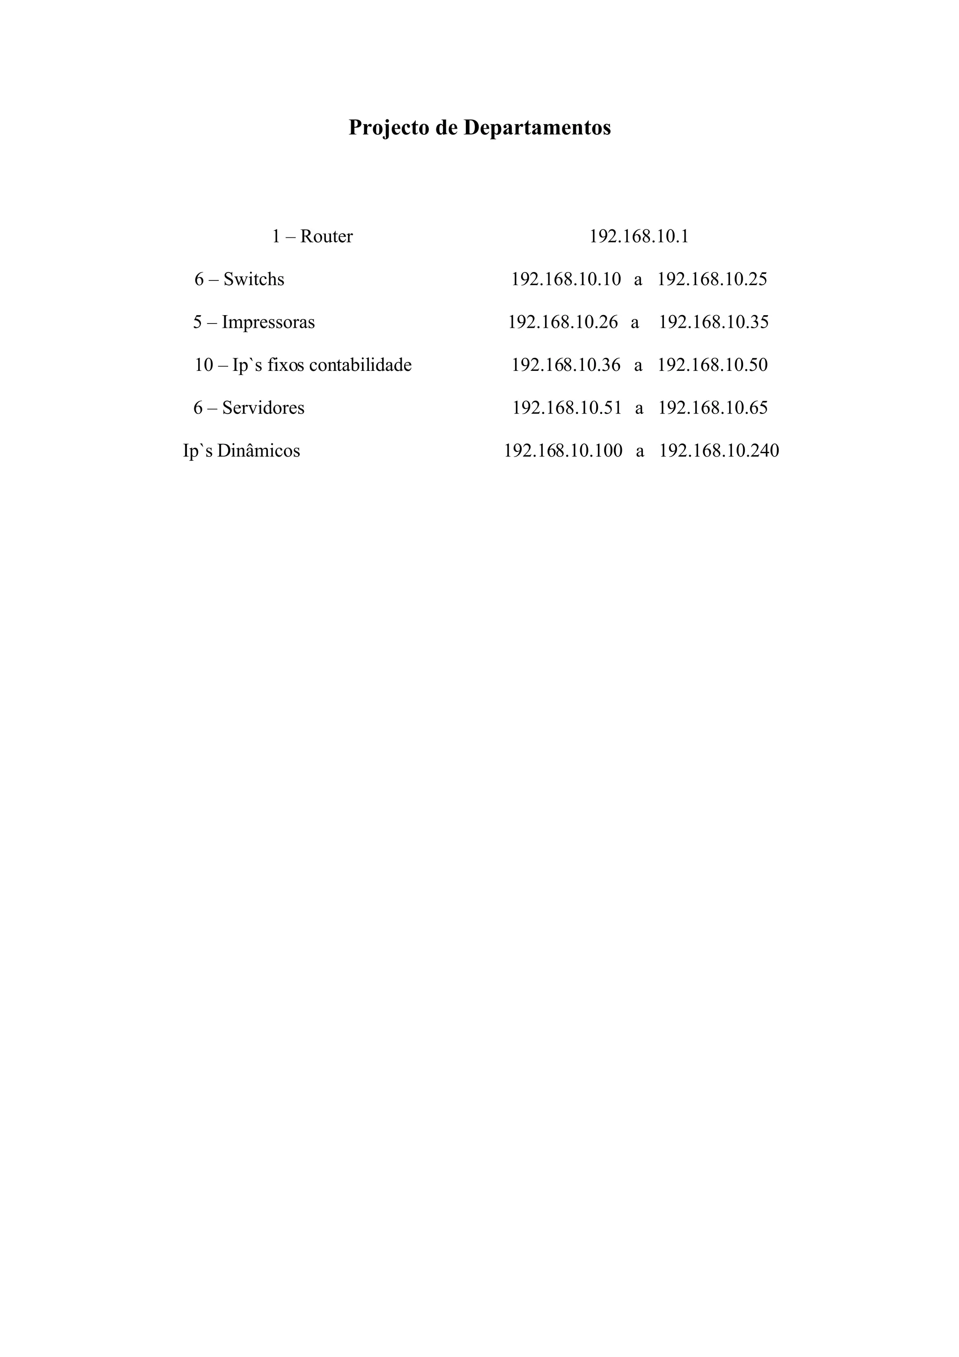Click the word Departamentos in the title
click(537, 128)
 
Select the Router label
click(326, 236)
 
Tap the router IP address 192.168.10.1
click(639, 236)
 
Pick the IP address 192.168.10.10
click(566, 279)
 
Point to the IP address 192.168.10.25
click(712, 279)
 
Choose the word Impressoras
click(268, 322)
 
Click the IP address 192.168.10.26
click(563, 322)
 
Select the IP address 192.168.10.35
click(714, 322)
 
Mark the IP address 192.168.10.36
click(566, 365)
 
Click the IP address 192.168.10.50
click(713, 365)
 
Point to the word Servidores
click(263, 408)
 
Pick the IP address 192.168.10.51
click(567, 408)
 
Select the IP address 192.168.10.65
click(713, 408)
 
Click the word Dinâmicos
click(258, 451)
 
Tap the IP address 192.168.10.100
click(563, 451)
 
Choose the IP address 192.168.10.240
click(719, 451)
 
